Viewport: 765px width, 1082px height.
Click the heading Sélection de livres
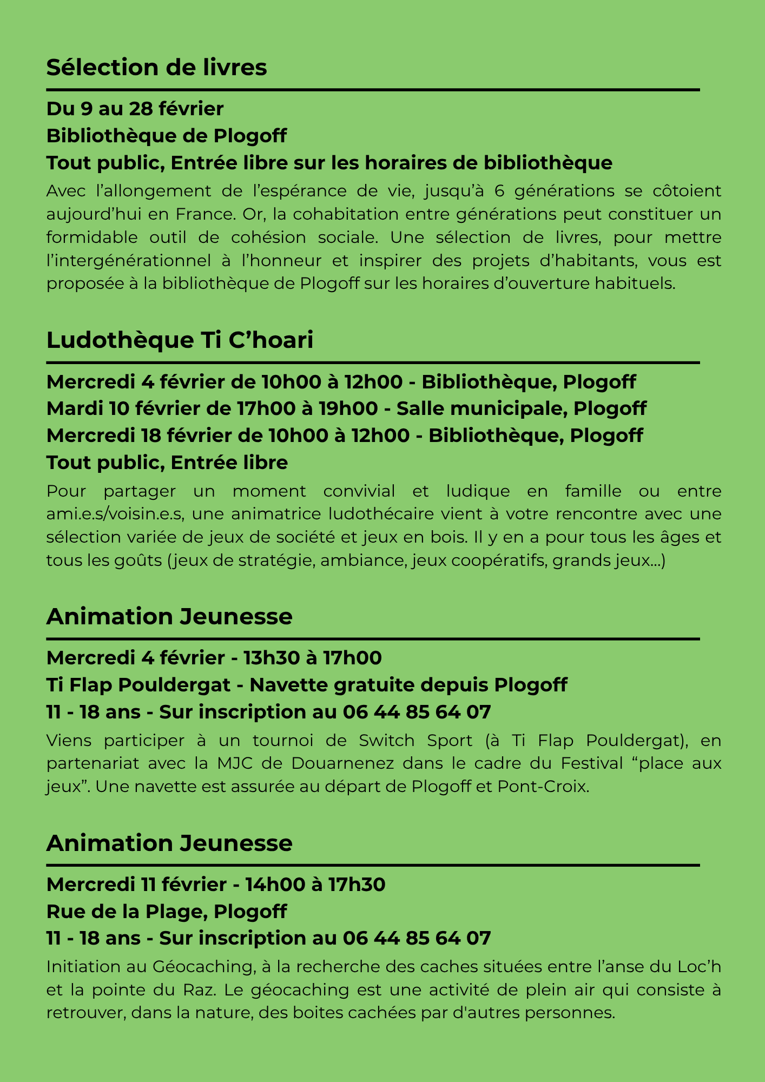point(156,68)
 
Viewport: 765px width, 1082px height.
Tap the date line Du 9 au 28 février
point(135,109)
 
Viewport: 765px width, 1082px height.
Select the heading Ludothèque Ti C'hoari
point(180,341)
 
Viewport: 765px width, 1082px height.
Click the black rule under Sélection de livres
point(373,90)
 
